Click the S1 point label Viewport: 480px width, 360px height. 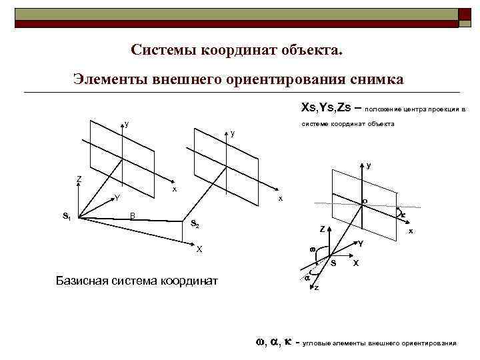[x=66, y=216]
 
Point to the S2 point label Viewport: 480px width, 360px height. [x=194, y=223]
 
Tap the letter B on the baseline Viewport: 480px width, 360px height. [x=133, y=215]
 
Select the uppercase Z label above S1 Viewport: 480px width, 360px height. [x=79, y=179]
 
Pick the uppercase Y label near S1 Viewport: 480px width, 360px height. [x=117, y=198]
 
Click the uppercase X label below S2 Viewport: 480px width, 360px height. [x=199, y=249]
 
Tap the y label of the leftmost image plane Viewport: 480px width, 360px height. [x=127, y=123]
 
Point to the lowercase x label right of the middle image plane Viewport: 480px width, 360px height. [x=281, y=199]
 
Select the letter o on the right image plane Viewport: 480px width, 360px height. [x=365, y=201]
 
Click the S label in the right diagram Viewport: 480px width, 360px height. [x=334, y=263]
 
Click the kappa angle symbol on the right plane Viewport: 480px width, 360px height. [x=403, y=214]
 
